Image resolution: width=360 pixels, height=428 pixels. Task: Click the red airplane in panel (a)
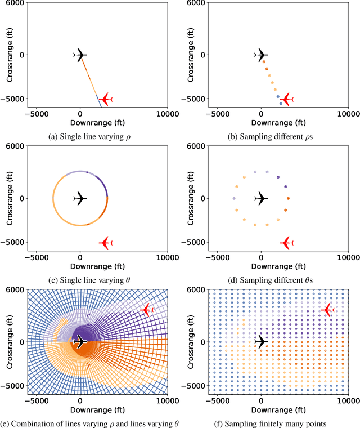(x=106, y=99)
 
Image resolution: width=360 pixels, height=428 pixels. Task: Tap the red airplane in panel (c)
(x=106, y=243)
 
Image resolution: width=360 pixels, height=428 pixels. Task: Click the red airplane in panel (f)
(x=327, y=310)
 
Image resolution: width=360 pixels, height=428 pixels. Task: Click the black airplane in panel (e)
(x=80, y=342)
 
